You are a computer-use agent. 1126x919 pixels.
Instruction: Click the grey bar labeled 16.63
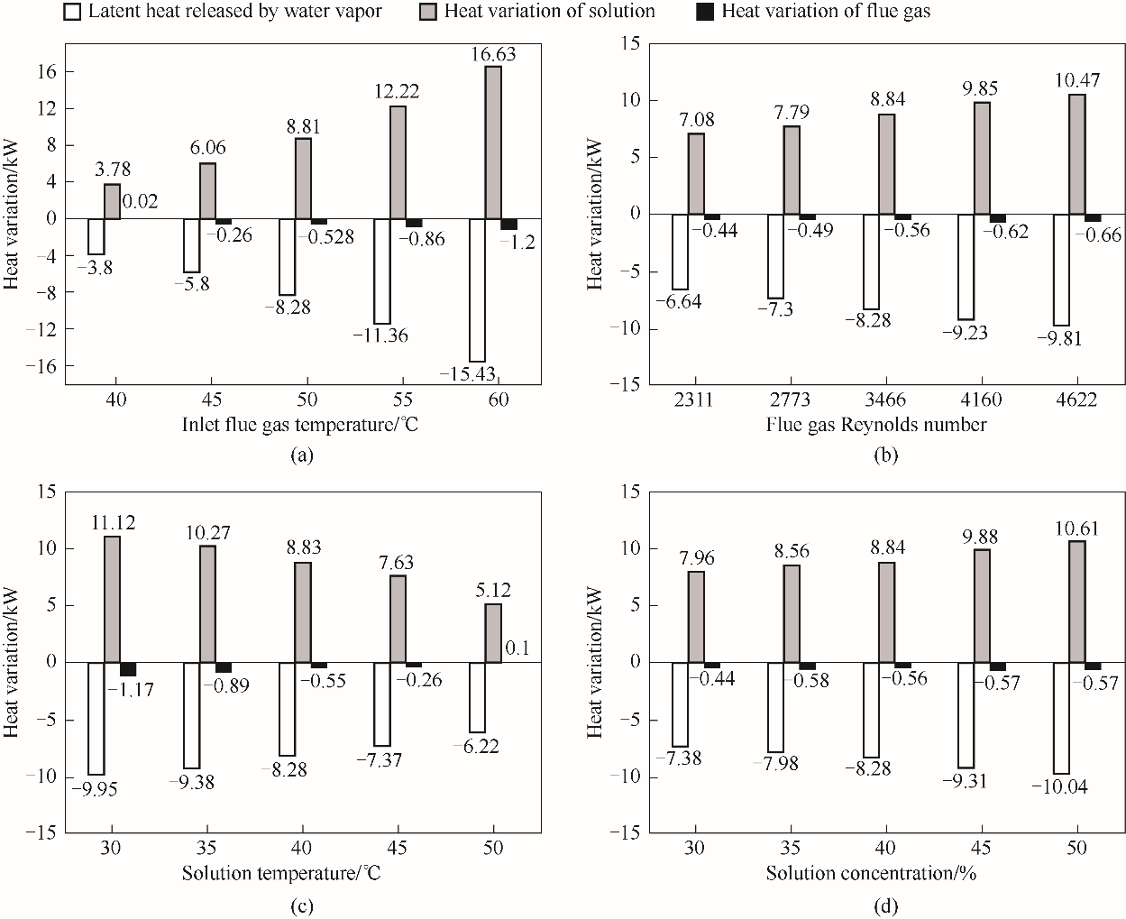(493, 142)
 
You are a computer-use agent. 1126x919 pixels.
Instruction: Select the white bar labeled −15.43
(477, 289)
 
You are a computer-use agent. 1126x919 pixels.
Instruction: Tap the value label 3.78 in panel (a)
(114, 169)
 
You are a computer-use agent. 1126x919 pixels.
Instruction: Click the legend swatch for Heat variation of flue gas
(706, 12)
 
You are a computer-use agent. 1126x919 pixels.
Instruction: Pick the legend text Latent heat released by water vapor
(235, 12)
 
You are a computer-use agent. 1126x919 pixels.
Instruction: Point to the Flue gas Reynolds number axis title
(876, 424)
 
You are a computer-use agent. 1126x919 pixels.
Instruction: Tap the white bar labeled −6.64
(681, 252)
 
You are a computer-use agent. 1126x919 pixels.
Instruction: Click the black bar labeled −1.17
(128, 668)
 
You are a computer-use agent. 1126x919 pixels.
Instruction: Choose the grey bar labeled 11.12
(112, 600)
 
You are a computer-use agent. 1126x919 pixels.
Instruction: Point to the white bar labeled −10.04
(1061, 718)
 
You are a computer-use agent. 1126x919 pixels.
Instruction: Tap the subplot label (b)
(887, 456)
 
